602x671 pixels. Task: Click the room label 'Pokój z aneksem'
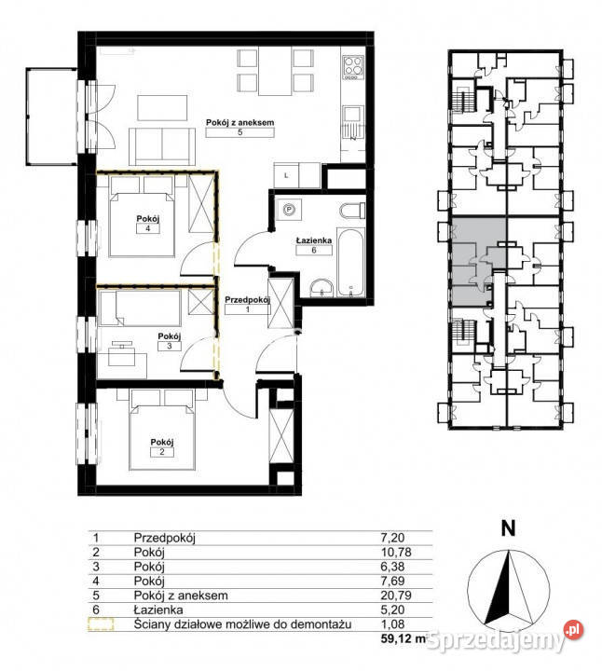coord(239,122)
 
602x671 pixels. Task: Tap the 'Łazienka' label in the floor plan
coord(314,240)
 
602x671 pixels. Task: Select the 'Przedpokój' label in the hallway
coord(247,299)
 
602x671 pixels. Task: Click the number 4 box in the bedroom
coord(147,228)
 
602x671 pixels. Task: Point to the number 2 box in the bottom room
coord(162,452)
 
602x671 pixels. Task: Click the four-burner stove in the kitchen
coord(353,68)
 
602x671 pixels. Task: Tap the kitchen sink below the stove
coord(353,122)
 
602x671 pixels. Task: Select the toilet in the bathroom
coord(352,211)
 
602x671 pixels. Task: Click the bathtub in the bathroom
coord(351,262)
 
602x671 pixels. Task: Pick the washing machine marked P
coord(289,210)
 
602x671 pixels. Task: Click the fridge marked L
coord(286,175)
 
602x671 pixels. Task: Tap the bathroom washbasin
coord(322,288)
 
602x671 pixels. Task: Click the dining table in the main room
coord(275,71)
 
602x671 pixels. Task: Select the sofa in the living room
coord(162,146)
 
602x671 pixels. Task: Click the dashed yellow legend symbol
coord(101,623)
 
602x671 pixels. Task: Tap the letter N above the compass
coord(508,529)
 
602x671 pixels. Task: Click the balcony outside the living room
coord(51,116)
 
